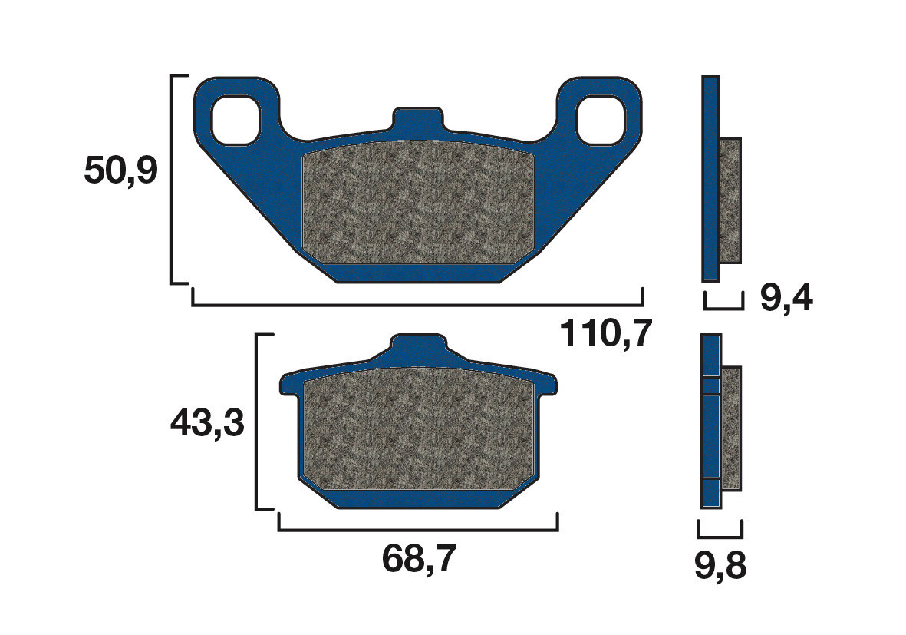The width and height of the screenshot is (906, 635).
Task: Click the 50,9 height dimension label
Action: pyautogui.click(x=120, y=171)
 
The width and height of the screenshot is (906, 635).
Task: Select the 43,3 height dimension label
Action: pyautogui.click(x=206, y=422)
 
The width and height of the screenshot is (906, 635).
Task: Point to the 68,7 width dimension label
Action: pyautogui.click(x=419, y=560)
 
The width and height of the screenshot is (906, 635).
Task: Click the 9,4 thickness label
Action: pyautogui.click(x=786, y=298)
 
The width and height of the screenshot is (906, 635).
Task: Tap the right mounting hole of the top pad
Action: pyautogui.click(x=601, y=120)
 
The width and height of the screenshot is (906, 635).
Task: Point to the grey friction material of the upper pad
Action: pyautogui.click(x=418, y=203)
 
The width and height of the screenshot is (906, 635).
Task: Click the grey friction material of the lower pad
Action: pyautogui.click(x=418, y=434)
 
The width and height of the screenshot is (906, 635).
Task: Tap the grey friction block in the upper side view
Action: pyautogui.click(x=731, y=200)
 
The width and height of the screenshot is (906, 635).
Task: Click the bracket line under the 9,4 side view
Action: pyautogui.click(x=723, y=308)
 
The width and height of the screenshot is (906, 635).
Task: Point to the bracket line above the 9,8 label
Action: pyautogui.click(x=720, y=535)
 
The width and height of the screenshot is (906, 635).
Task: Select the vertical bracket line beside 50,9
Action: pyautogui.click(x=171, y=179)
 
